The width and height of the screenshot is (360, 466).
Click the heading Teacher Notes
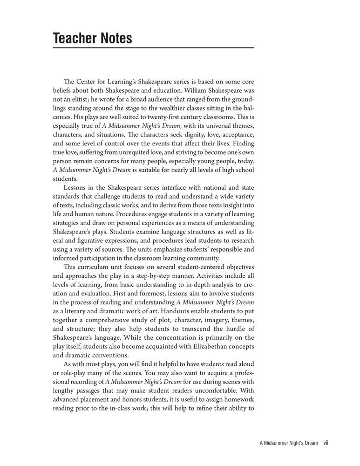(x=93, y=38)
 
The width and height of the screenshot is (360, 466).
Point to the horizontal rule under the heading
(x=153, y=48)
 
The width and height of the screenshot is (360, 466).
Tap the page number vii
(x=326, y=444)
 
